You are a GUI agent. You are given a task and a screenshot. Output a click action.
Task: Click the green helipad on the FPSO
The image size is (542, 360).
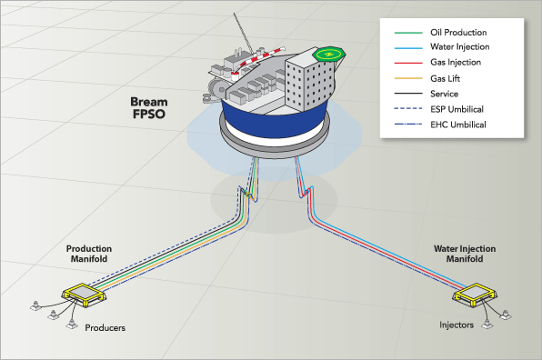pyautogui.click(x=328, y=54)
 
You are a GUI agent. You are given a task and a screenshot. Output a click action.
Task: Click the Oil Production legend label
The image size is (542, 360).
pyautogui.click(x=458, y=33)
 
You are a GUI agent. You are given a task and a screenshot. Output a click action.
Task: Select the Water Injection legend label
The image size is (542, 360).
pyautogui.click(x=460, y=46)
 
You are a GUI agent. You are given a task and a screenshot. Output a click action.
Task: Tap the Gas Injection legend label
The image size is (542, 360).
pyautogui.click(x=456, y=62)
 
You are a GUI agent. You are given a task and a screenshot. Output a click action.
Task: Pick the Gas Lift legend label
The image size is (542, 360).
pyautogui.click(x=445, y=78)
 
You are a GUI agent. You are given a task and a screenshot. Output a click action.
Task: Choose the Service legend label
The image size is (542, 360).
pyautogui.click(x=444, y=94)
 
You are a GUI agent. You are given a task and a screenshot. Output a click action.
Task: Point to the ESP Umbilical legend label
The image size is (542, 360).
pyautogui.click(x=457, y=109)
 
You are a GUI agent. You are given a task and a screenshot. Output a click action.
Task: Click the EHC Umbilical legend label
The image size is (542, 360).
pyautogui.click(x=458, y=125)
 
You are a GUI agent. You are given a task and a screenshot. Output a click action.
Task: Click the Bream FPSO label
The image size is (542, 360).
pyautogui.click(x=149, y=108)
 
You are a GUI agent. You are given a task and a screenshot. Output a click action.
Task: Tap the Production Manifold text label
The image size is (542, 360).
pyautogui.click(x=89, y=254)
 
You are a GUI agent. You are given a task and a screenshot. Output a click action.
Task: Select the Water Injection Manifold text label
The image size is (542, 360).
pyautogui.click(x=465, y=254)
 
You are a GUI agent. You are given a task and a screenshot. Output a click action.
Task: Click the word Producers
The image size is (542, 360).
pyautogui.click(x=105, y=327)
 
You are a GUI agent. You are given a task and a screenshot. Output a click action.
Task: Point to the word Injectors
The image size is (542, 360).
pyautogui.click(x=457, y=325)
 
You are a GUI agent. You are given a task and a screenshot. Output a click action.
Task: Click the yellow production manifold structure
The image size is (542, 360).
pyautogui.click(x=84, y=295)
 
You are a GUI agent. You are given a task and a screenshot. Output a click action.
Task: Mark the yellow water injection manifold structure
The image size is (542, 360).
pyautogui.click(x=475, y=295)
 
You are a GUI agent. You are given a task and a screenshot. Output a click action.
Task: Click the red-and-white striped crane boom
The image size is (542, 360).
pyautogui.click(x=258, y=60)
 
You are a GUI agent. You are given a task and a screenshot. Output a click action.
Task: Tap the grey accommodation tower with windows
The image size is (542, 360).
pyautogui.click(x=308, y=79)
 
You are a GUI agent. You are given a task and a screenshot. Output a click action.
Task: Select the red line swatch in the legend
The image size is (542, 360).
pyautogui.click(x=408, y=63)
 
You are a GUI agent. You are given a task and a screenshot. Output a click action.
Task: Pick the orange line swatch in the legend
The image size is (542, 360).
pyautogui.click(x=408, y=78)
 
